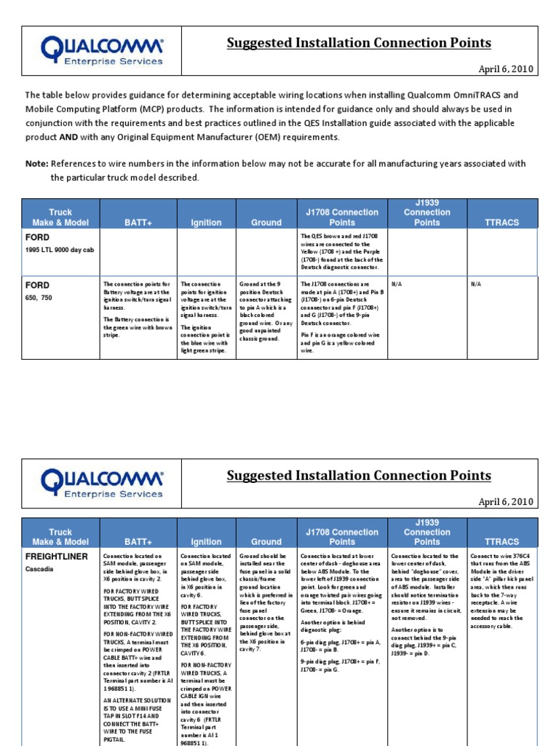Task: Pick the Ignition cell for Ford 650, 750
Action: pos(207,318)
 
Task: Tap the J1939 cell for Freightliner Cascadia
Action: pos(427,605)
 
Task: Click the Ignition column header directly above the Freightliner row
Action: pos(207,542)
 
